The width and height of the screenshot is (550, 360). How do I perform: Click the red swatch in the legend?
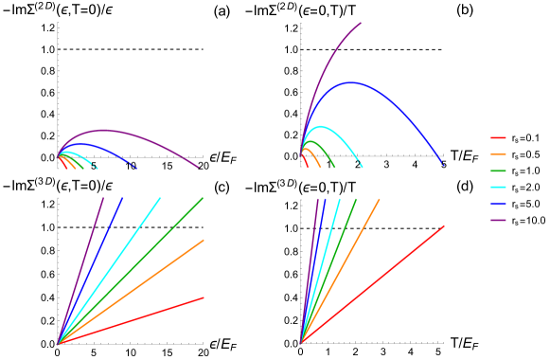(x=498, y=137)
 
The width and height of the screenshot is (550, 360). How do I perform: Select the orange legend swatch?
(x=498, y=153)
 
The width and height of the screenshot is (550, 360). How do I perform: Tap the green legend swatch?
(x=498, y=171)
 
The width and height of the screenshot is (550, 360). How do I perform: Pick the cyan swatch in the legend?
(x=498, y=188)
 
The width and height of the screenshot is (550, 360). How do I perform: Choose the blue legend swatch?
(x=498, y=204)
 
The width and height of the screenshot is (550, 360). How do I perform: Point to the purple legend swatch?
(x=498, y=220)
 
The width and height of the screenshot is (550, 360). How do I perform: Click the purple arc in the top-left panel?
(x=104, y=130)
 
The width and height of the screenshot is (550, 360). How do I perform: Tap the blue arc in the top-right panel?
(x=352, y=82)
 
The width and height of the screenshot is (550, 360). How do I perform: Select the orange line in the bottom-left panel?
(x=142, y=283)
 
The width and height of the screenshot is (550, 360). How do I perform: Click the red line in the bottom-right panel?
(x=379, y=279)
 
